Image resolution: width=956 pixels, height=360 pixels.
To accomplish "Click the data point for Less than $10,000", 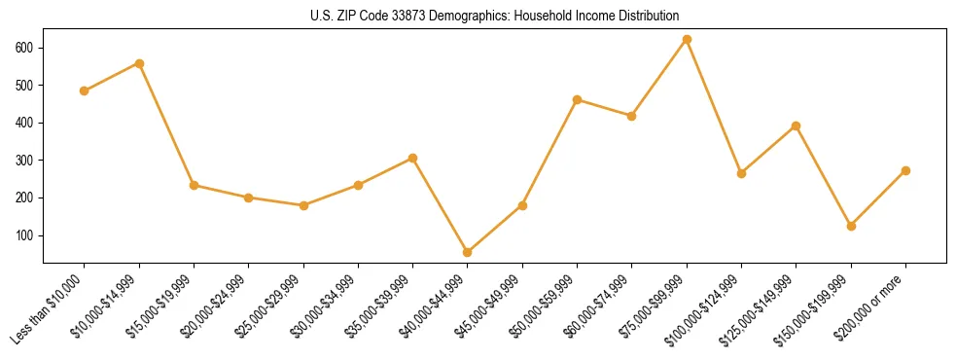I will pos(85,90).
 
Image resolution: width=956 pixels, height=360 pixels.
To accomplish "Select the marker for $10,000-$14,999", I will pos(139,63).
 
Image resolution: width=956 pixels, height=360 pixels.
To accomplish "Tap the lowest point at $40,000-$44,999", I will pos(468,252).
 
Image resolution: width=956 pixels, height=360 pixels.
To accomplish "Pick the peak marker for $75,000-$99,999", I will pos(687,39).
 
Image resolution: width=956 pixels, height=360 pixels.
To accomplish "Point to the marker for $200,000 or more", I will pos(905,170).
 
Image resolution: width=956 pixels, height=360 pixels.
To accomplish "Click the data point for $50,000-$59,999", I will pos(578,99).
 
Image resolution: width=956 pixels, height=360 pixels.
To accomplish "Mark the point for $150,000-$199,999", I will pos(851,226).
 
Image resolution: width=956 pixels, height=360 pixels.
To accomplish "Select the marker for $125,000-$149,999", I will pos(797,126).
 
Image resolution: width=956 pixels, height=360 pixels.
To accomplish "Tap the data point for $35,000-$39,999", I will pos(413,158).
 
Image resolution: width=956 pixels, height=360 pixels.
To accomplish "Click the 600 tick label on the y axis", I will pos(25,48).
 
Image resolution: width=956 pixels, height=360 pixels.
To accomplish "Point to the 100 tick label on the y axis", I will pos(25,235).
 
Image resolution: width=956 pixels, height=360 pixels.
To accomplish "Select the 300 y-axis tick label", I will pos(25,161).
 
